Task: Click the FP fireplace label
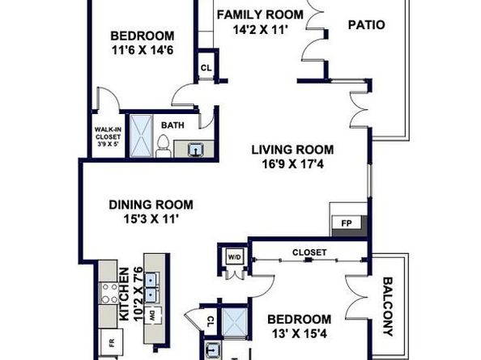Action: [347, 223]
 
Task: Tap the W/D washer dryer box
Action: [235, 257]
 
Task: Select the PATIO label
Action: [367, 25]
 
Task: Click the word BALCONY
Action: [389, 307]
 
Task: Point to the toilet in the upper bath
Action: [163, 146]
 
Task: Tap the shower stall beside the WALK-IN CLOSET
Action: [141, 136]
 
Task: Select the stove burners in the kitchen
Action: [109, 293]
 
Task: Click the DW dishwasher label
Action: [152, 316]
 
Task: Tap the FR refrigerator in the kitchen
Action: [112, 342]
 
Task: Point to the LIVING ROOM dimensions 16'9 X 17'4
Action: [292, 164]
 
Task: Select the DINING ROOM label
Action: [151, 205]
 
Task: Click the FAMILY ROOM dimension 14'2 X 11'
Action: [260, 30]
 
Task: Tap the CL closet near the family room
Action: [206, 68]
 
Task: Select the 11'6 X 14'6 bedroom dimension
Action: [143, 49]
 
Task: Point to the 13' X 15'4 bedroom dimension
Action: [300, 333]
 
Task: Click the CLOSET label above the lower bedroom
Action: [309, 252]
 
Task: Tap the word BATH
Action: [172, 125]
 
